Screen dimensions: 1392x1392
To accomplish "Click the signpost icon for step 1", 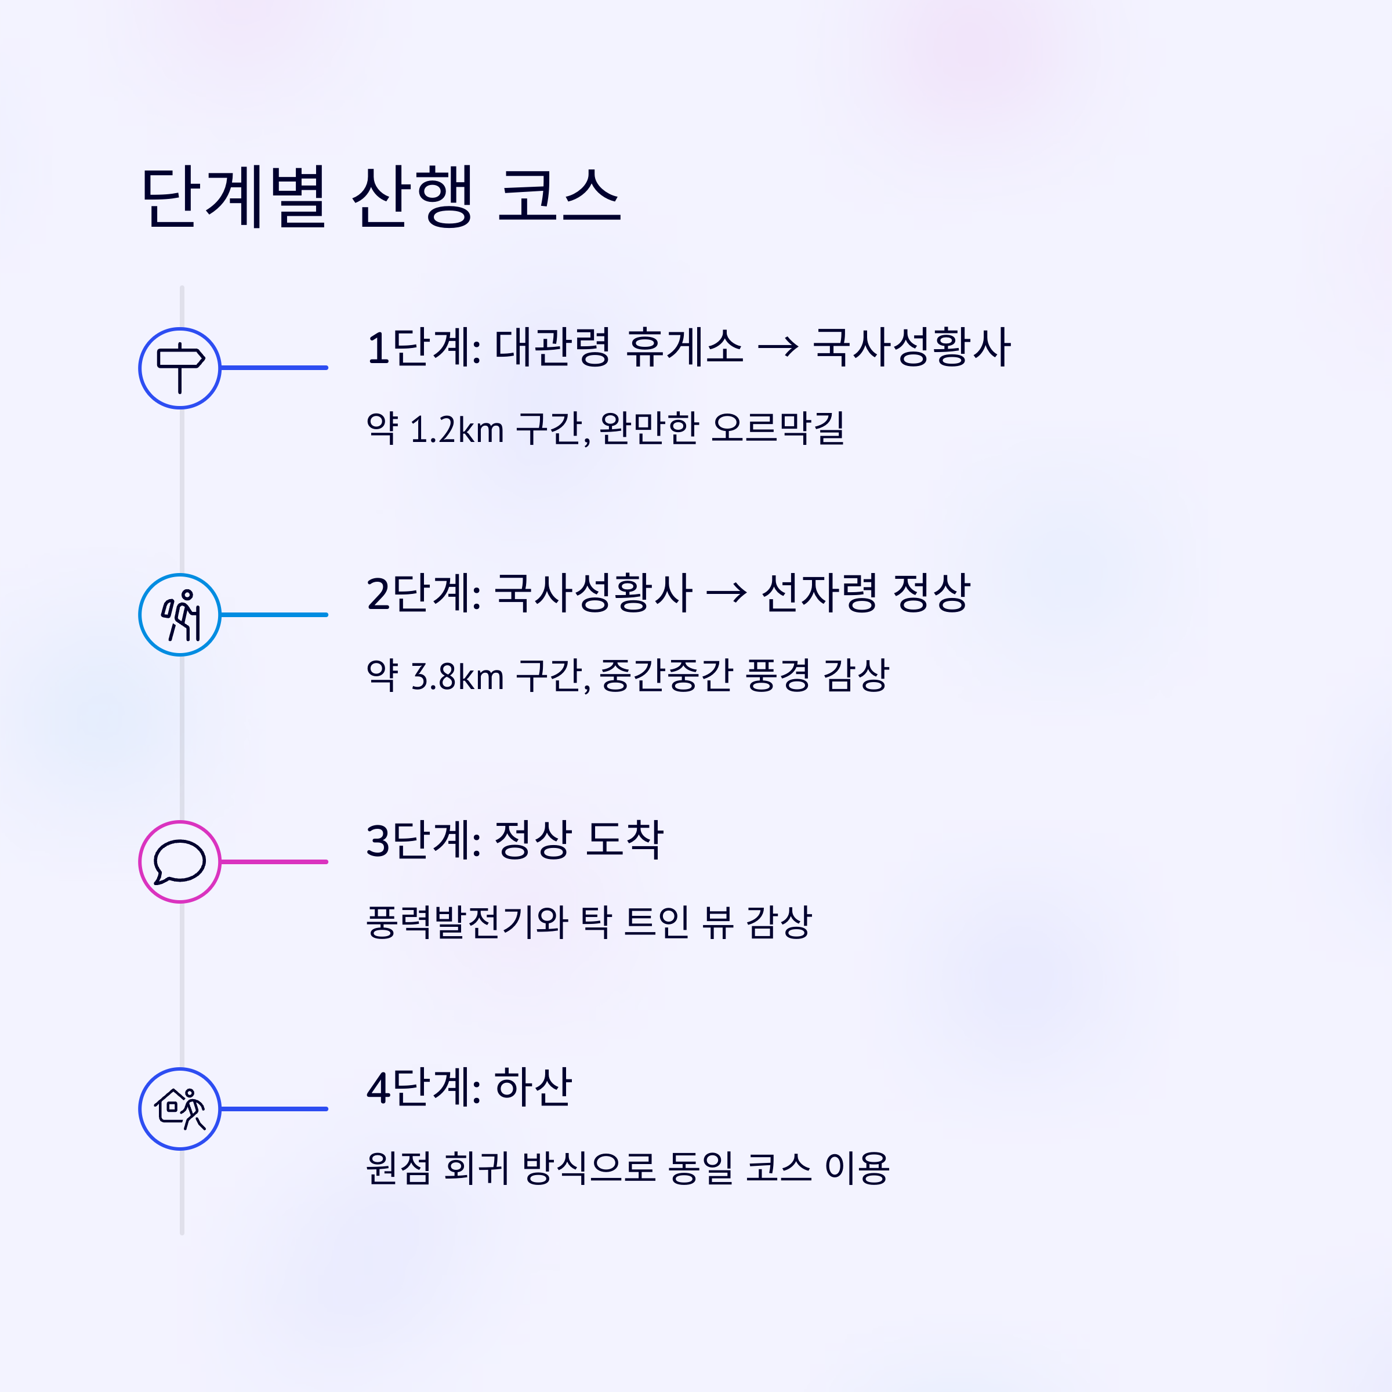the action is click(179, 368).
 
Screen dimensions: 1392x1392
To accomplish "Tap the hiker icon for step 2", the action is click(179, 615).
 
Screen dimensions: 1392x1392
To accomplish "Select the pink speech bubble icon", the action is click(179, 862).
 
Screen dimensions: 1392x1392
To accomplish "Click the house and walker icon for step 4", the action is click(179, 1109).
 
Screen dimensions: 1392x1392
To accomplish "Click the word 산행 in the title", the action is click(412, 197).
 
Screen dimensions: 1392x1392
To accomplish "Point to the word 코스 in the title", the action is click(559, 197).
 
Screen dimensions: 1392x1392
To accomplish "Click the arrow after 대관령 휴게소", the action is click(778, 348).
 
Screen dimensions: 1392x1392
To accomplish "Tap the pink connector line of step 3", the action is click(274, 862).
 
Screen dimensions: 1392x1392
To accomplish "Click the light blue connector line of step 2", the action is click(274, 615).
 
